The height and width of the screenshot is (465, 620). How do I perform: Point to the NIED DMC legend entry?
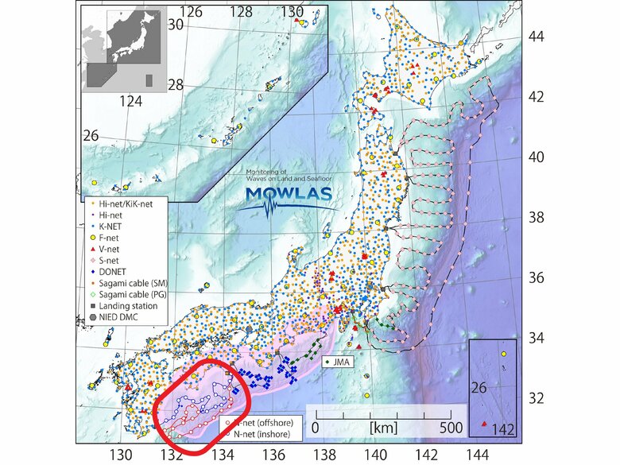pyautogui.click(x=119, y=316)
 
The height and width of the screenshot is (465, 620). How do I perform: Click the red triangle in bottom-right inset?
pyautogui.click(x=484, y=424)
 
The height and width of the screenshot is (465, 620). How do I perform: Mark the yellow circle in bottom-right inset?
pyautogui.click(x=503, y=353)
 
